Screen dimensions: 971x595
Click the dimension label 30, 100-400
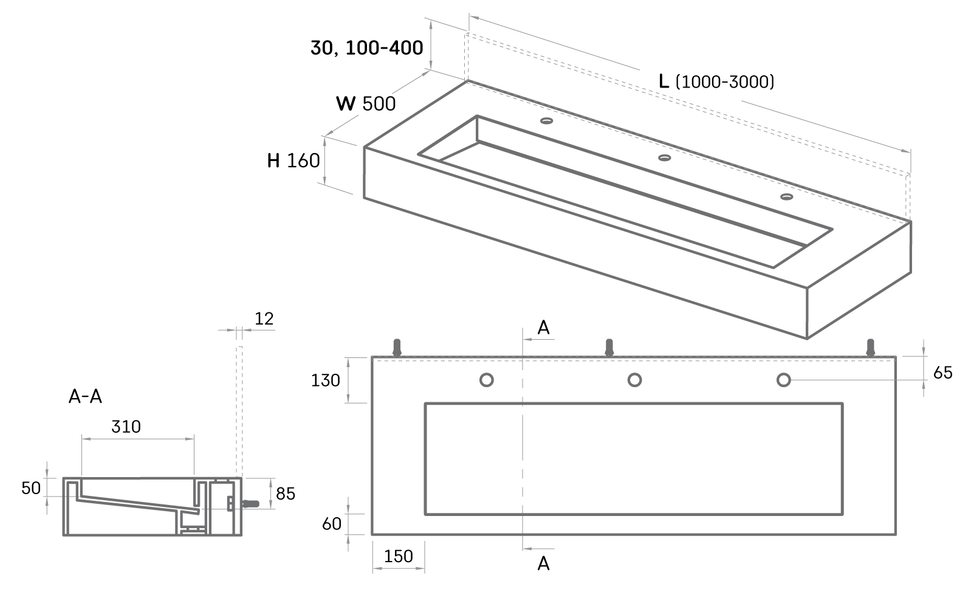(x=367, y=47)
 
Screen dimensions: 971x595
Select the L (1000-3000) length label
(x=716, y=81)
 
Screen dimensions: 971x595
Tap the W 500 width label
(x=366, y=104)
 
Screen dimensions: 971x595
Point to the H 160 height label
(x=293, y=161)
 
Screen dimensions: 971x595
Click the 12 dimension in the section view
(x=264, y=318)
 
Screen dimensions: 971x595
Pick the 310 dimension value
(x=126, y=427)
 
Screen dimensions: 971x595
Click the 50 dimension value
(x=31, y=488)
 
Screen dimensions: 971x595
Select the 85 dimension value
(x=285, y=494)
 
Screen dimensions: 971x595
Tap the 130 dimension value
(x=326, y=380)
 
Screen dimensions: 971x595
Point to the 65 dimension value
(x=943, y=373)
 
